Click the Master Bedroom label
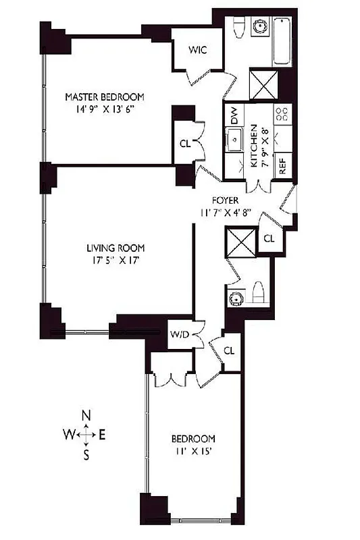coord(105,97)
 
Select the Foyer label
coord(224,200)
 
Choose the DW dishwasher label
coord(234,116)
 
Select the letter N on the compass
coord(86,416)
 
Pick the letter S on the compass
coord(86,455)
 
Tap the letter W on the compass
coord(69,435)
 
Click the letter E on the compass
coord(102,435)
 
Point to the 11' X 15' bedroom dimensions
coord(193,452)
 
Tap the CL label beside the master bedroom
coord(185,143)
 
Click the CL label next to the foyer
coord(268,238)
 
